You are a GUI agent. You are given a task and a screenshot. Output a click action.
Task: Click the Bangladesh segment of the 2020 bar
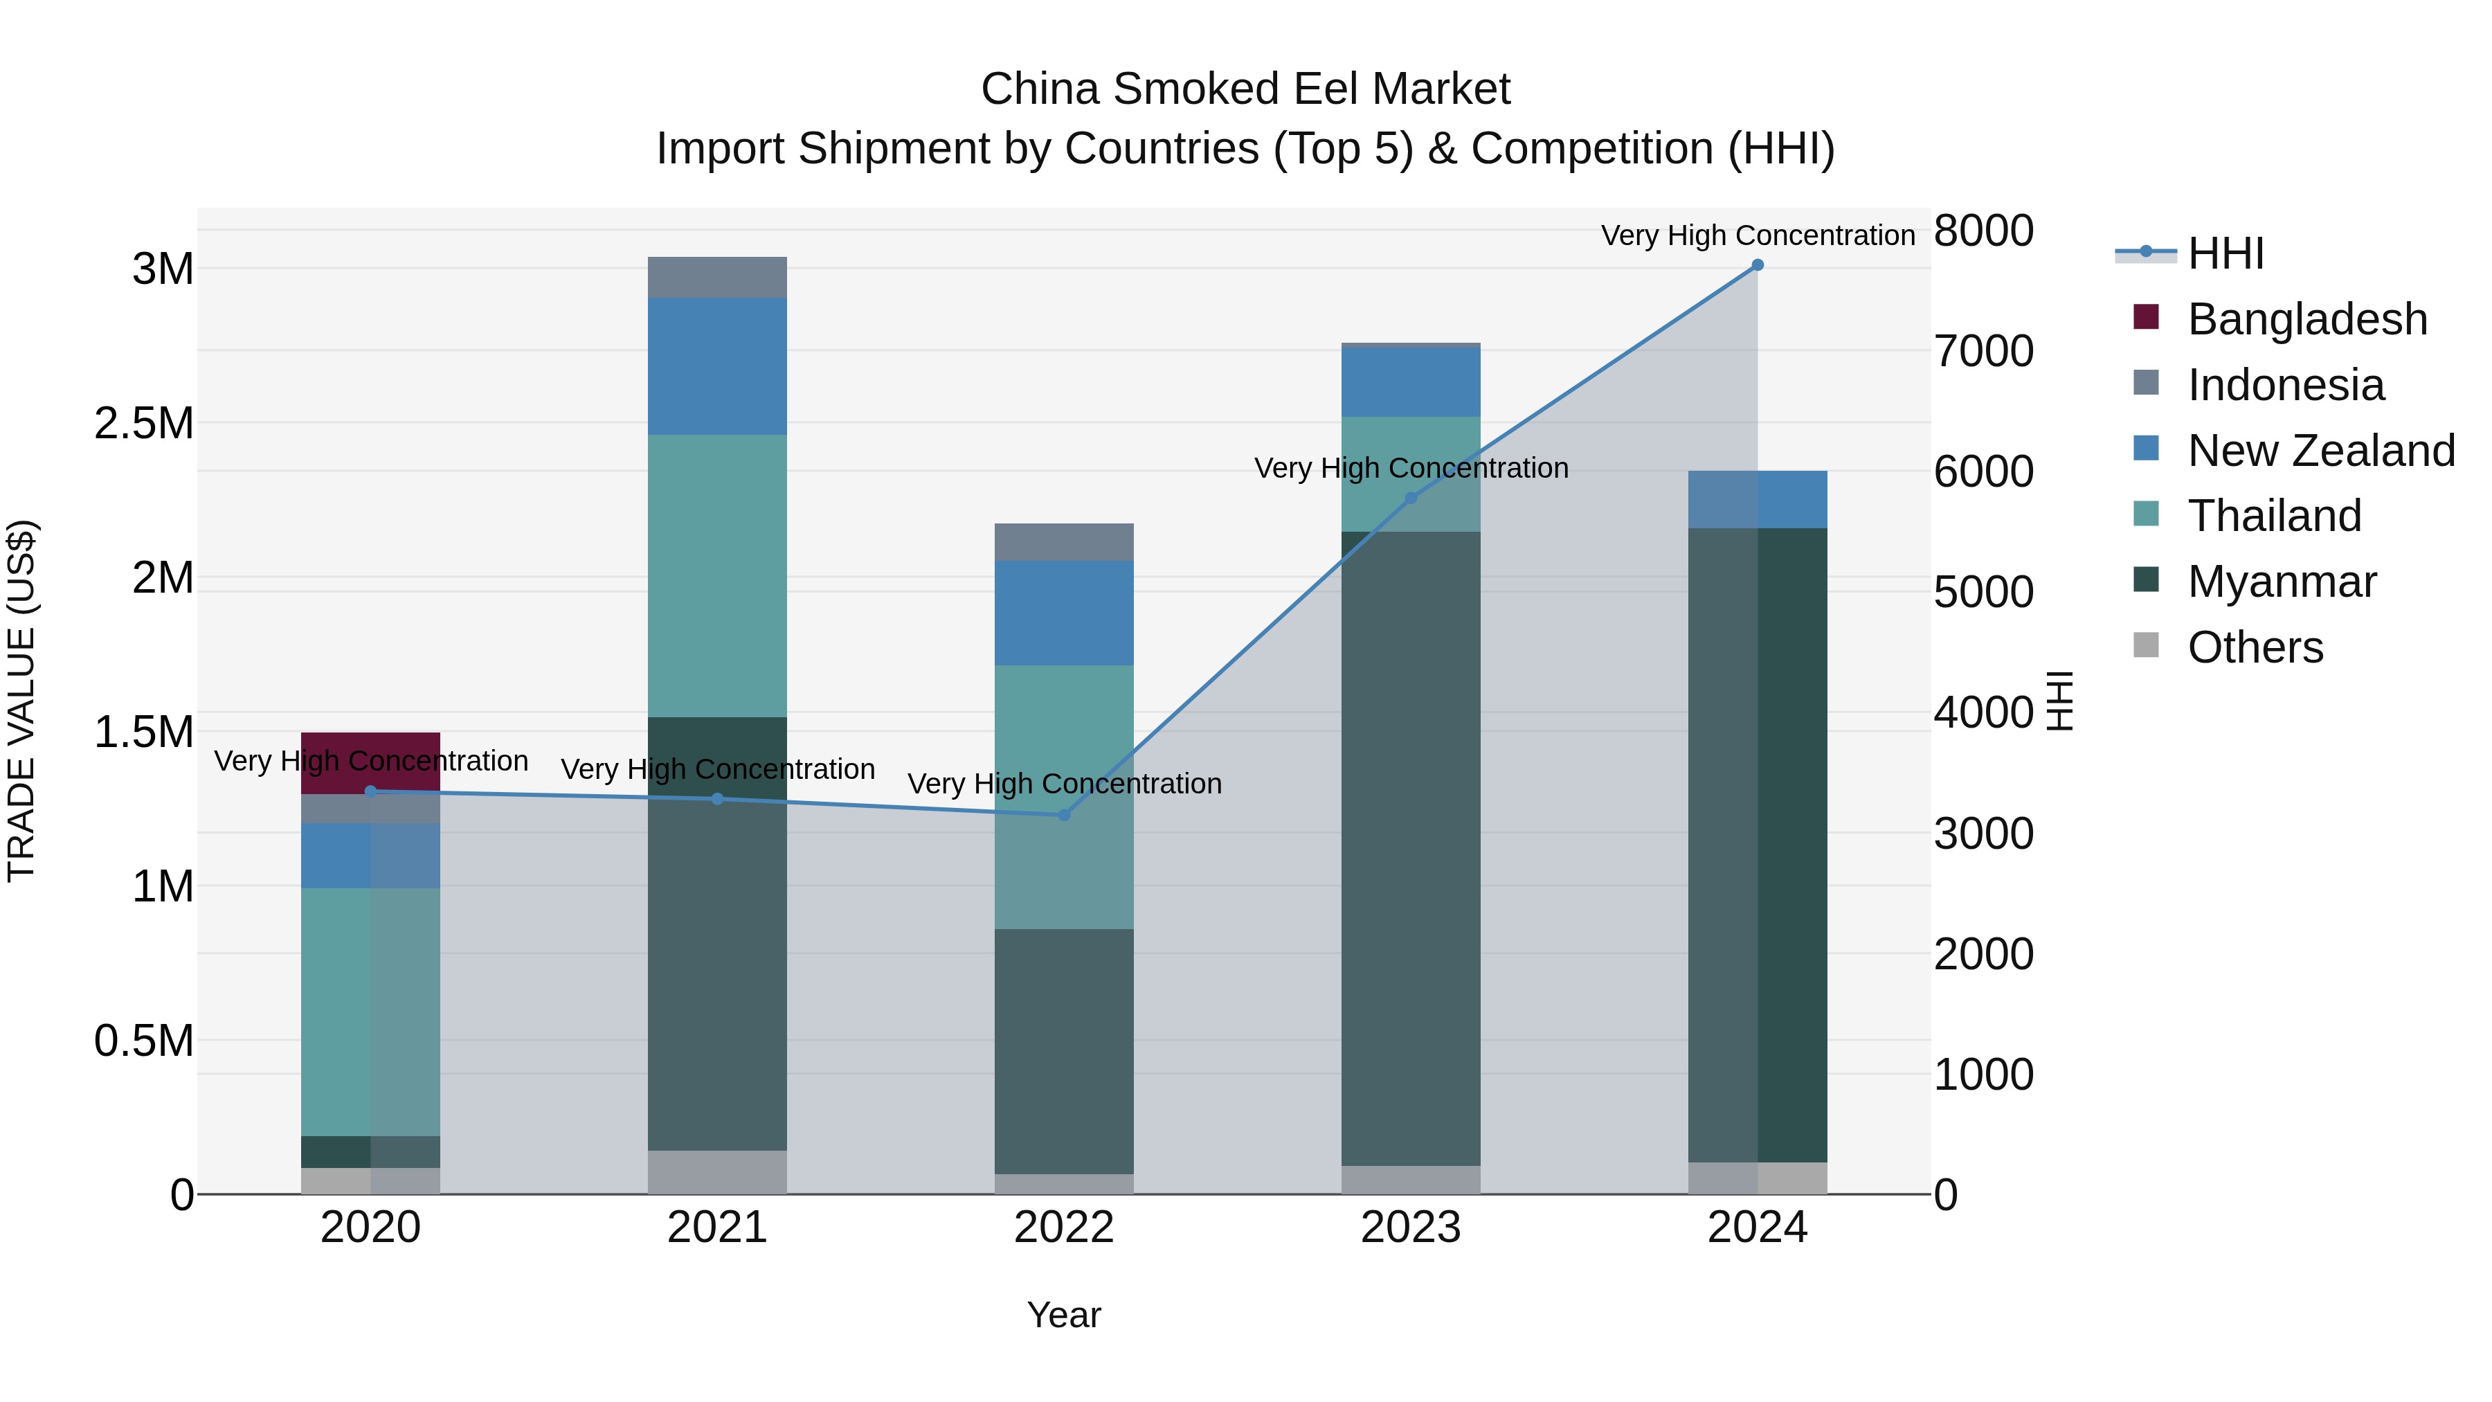click(370, 746)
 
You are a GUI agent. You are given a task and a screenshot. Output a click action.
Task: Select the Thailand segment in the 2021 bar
click(717, 576)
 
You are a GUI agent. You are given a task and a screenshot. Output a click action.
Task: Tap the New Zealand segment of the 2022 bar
click(1063, 613)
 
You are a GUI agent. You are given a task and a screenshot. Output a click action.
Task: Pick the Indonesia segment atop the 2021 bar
click(717, 278)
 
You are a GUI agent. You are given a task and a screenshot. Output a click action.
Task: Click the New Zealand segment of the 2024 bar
click(1757, 499)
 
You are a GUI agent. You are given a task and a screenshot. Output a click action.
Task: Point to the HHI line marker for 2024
click(1757, 265)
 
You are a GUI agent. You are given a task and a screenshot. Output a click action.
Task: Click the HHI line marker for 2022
click(1063, 815)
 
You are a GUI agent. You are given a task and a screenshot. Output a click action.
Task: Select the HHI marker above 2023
click(1411, 498)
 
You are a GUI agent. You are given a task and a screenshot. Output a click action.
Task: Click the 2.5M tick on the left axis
click(144, 424)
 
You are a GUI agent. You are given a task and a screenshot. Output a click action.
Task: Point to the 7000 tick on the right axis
click(1983, 351)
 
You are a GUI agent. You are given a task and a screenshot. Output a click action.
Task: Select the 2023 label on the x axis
click(1411, 1228)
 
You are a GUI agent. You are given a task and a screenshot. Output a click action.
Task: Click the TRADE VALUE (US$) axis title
click(22, 701)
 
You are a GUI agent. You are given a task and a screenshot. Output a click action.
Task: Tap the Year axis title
click(1063, 1315)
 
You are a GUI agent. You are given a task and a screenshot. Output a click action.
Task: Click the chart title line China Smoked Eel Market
click(1245, 89)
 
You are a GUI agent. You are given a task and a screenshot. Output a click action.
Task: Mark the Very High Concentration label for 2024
click(1757, 235)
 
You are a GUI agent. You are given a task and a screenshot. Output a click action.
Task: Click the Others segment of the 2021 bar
click(717, 1171)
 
